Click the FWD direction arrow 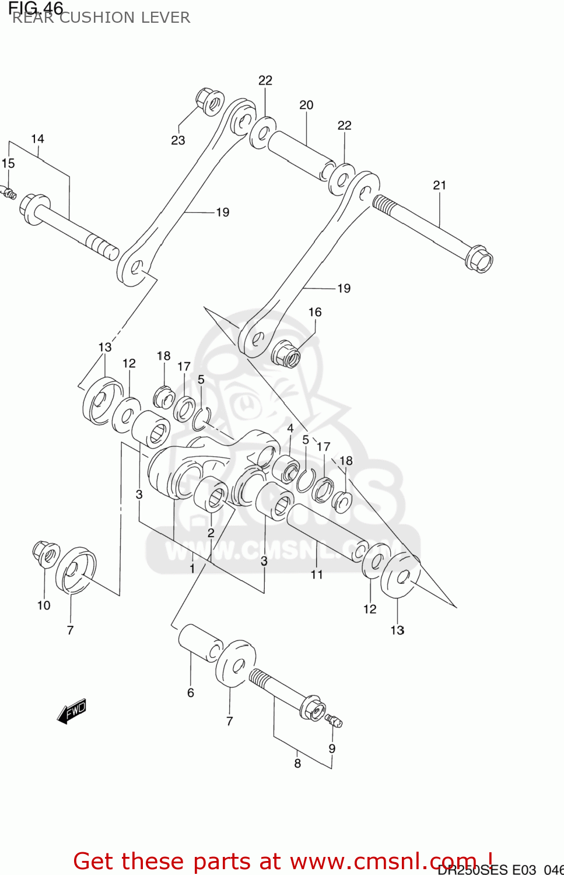(x=72, y=711)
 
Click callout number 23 (x=178, y=141)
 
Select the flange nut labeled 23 (x=209, y=102)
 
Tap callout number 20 (x=306, y=105)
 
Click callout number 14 (x=37, y=139)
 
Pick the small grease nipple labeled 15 (x=9, y=191)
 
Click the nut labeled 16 (x=286, y=353)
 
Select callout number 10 (x=44, y=605)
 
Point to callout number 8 (x=297, y=764)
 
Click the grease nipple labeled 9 (x=334, y=721)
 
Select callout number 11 (x=317, y=575)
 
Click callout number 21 (x=440, y=185)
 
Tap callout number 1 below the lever (x=192, y=568)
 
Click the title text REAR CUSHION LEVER (x=101, y=17)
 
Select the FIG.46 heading (x=36, y=8)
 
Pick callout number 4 (x=290, y=428)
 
